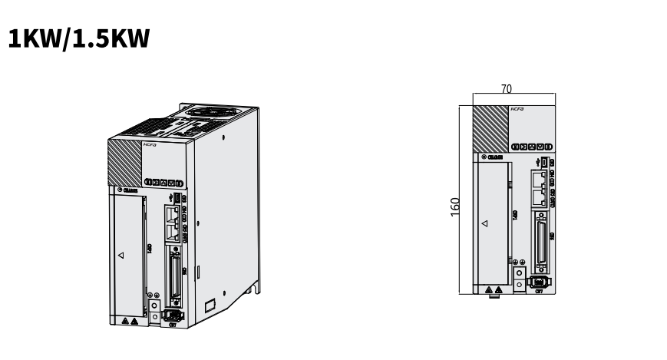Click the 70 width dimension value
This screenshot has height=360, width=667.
point(507,89)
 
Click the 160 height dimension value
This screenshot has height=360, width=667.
point(455,206)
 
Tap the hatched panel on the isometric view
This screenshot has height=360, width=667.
point(124,158)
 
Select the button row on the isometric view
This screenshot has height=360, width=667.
point(163,183)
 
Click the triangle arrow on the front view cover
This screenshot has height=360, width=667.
point(484,225)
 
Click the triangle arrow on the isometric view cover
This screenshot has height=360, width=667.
point(121,255)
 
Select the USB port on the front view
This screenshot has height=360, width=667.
point(543,162)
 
